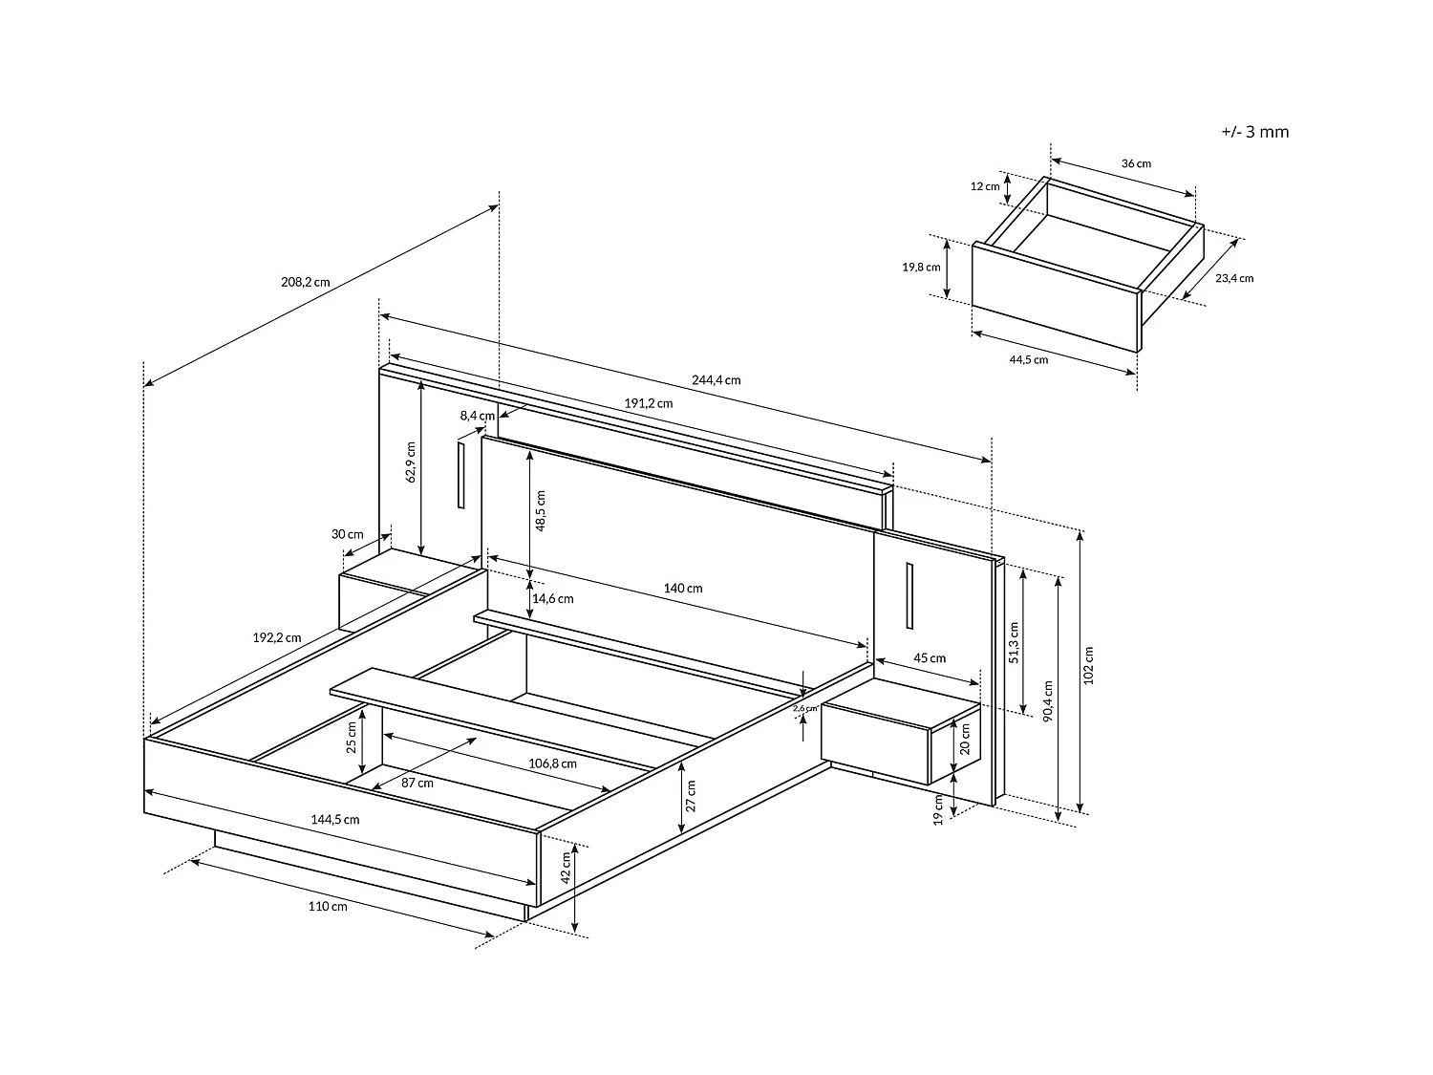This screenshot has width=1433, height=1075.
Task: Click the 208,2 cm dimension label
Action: [x=306, y=282]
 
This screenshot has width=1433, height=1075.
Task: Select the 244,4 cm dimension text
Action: [x=716, y=380]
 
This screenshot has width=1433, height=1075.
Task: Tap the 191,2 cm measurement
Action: [x=649, y=403]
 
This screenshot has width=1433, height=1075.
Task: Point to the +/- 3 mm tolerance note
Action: [x=1254, y=132]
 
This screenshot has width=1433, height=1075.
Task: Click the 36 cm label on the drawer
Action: [x=1136, y=163]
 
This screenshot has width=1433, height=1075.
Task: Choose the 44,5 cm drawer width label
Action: [x=1028, y=360]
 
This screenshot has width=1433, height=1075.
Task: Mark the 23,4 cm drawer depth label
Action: [x=1234, y=278]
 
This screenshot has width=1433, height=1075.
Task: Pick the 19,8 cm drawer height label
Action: [x=921, y=268]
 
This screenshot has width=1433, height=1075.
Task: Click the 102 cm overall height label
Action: [x=1089, y=665]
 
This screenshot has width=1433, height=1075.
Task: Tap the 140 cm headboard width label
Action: [x=683, y=589]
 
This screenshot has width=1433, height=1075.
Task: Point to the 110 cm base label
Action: [x=328, y=906]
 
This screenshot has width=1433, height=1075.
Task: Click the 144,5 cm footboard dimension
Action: [x=335, y=819]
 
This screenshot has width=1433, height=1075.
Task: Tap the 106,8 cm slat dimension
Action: [x=552, y=763]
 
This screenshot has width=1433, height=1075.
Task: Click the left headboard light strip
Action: [x=460, y=475]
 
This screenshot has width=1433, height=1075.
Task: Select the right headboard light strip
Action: [x=909, y=595]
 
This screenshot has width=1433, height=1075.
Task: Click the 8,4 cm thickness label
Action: [x=477, y=416]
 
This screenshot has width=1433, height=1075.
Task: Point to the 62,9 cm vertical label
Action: [x=411, y=462]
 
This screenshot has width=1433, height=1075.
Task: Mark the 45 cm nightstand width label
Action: [x=930, y=658]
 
